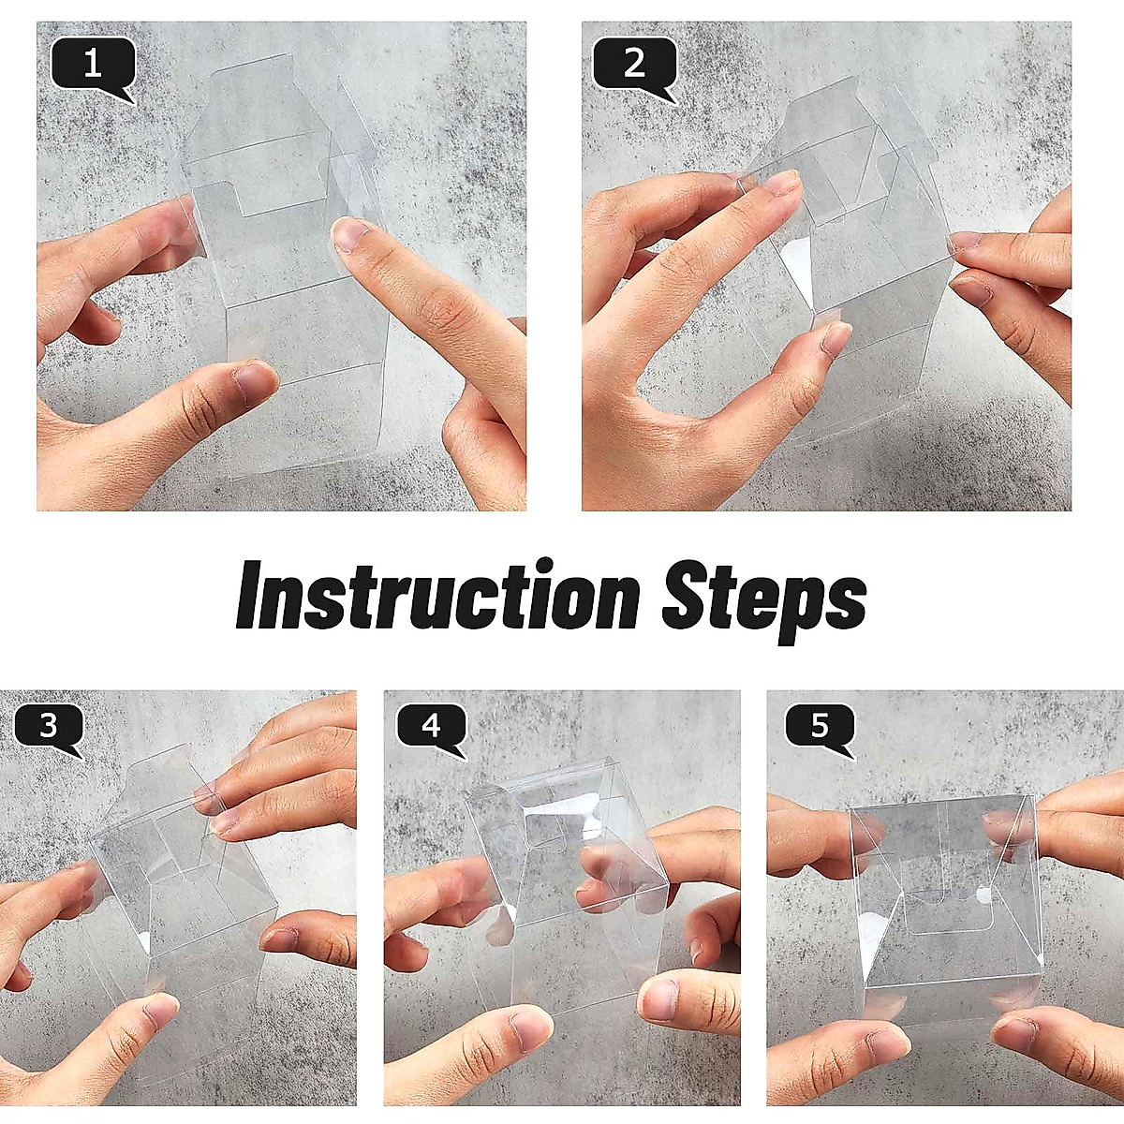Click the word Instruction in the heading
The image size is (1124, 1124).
[437, 595]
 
